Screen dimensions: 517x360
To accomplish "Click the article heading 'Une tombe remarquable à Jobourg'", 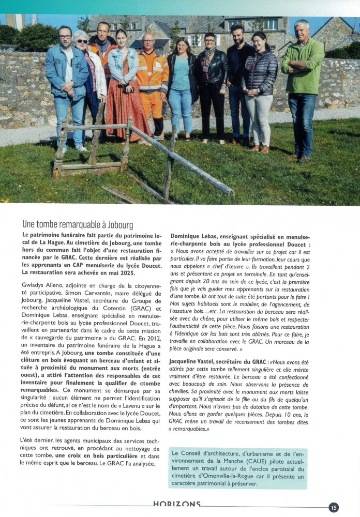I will click(78, 225).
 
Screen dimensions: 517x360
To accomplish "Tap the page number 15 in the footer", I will click(334, 507).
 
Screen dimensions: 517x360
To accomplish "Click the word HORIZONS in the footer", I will click(177, 504).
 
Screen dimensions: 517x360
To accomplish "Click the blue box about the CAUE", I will click(237, 468).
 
